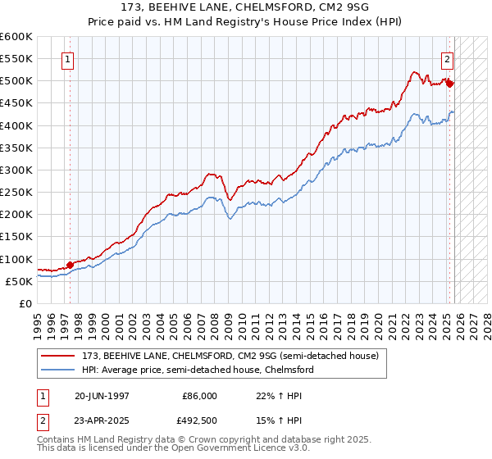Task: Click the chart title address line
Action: click(x=245, y=8)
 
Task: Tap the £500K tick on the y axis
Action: click(x=16, y=81)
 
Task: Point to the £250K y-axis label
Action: click(x=16, y=192)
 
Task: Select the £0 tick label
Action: click(x=25, y=303)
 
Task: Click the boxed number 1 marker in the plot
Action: click(x=66, y=58)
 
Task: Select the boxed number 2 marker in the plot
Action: click(x=447, y=58)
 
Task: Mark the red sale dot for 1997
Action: click(x=71, y=265)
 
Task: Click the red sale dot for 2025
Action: click(x=450, y=84)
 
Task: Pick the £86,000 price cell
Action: click(x=199, y=396)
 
